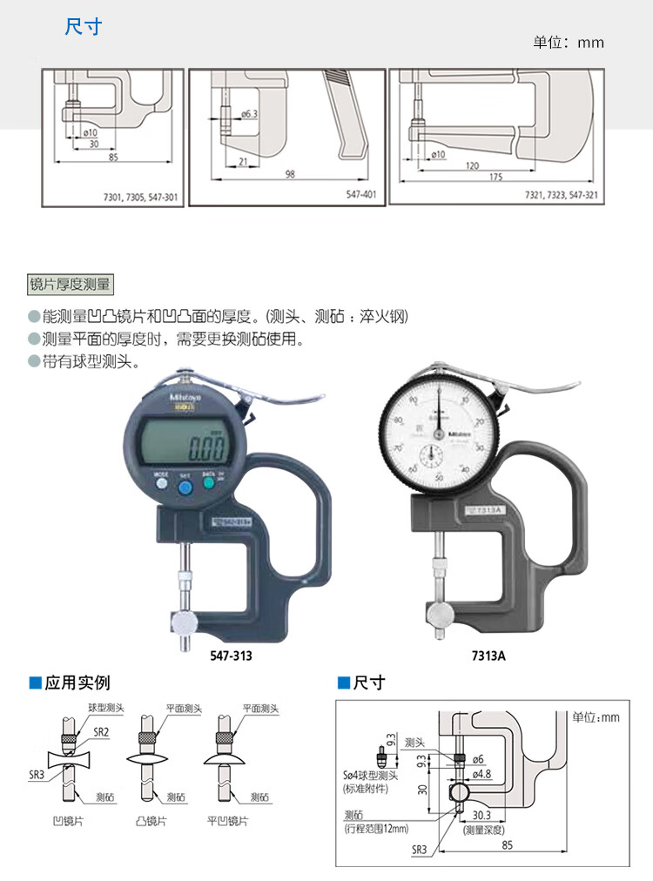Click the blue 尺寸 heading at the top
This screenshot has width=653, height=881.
[x=84, y=27]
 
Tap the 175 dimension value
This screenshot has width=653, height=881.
[x=497, y=178]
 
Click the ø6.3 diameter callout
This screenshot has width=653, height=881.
[x=247, y=114]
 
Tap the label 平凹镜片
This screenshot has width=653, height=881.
[x=231, y=821]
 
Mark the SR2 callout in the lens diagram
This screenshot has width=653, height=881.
[x=102, y=731]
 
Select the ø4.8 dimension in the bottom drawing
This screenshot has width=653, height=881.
[x=483, y=772]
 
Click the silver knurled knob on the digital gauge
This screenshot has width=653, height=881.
[x=184, y=622]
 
